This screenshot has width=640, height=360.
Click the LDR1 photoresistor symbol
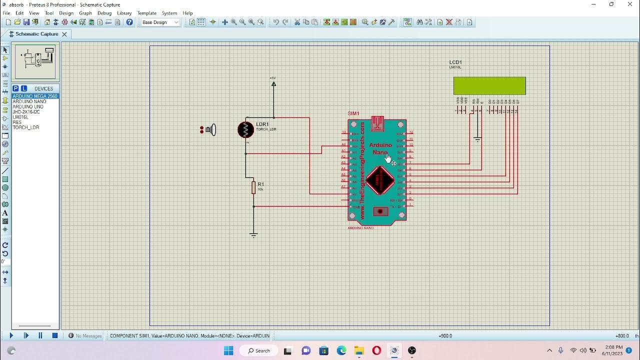[x=245, y=129]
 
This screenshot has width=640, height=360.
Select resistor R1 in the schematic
[x=253, y=187]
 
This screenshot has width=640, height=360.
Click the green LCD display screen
[x=489, y=85]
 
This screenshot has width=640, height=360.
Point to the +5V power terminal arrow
[x=273, y=84]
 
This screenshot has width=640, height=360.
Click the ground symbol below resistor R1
[x=253, y=234]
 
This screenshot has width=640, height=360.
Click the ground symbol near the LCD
[x=477, y=140]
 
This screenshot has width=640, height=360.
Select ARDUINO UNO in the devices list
[x=28, y=106]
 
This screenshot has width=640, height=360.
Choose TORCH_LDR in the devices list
[x=26, y=127]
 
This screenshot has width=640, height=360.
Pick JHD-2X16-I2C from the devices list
[x=26, y=112]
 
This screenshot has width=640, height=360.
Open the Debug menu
[x=104, y=13]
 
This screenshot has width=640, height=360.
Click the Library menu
[x=124, y=13]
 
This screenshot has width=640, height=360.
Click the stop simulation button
[x=55, y=336]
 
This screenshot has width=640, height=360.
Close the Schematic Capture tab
[x=64, y=34]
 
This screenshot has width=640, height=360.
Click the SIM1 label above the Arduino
[x=353, y=113]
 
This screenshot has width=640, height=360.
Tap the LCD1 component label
[x=455, y=62]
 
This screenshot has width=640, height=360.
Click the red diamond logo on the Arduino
[x=379, y=180]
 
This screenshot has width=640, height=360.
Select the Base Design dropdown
[x=160, y=22]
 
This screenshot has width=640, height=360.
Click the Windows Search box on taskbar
[x=259, y=350]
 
